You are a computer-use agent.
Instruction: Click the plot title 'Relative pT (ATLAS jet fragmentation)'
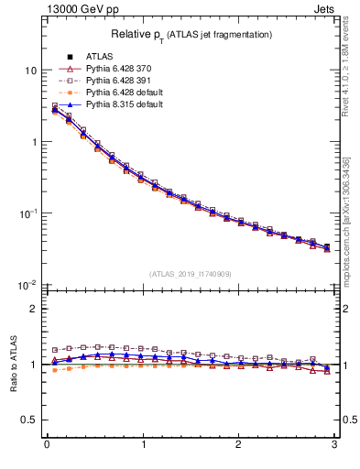pos(190,34)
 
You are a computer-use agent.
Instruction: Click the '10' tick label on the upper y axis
pos(31,71)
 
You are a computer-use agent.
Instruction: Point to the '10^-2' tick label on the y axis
pos(27,285)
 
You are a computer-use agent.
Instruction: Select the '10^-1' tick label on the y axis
pos(27,213)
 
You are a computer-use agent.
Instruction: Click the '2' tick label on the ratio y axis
pos(35,309)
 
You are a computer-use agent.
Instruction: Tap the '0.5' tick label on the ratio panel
pos(29,420)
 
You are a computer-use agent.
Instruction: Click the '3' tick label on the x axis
pos(334,446)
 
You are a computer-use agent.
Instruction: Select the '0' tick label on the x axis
pos(46,446)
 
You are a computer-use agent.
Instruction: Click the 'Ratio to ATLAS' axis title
pos(13,364)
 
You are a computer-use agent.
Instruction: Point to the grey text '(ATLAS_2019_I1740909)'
pos(190,274)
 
